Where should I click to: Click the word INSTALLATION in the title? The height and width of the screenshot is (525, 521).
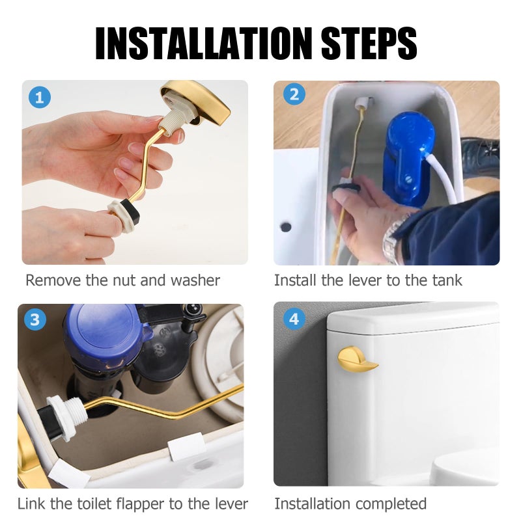(204, 43)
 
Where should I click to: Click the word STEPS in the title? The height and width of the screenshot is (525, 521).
(369, 43)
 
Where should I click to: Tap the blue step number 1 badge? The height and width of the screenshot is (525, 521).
(40, 98)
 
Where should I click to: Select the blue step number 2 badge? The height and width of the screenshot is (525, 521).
(294, 94)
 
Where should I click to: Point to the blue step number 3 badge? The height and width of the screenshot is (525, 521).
(35, 319)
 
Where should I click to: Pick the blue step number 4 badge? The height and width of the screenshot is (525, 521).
(294, 318)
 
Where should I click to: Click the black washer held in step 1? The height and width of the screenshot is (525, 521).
(132, 212)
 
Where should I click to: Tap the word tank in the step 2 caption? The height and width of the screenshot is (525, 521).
(447, 280)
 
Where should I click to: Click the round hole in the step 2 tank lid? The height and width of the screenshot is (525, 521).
(286, 226)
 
